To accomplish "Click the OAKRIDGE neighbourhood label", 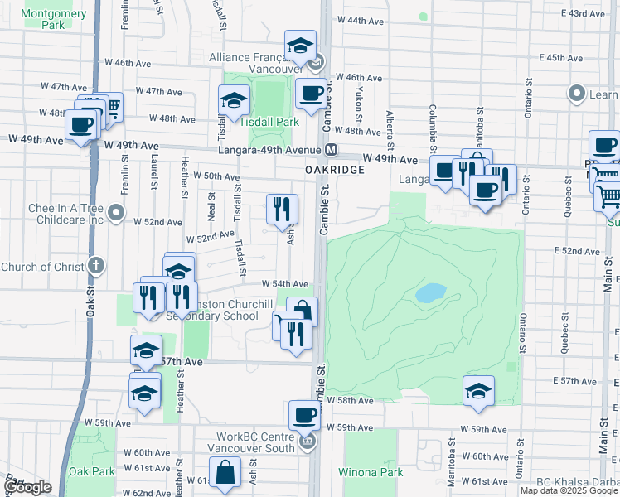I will (335, 169).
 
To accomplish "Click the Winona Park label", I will (370, 473).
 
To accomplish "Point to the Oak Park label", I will (92, 471).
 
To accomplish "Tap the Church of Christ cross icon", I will (96, 267).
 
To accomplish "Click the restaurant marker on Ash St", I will (283, 209).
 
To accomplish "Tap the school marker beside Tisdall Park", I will (235, 101).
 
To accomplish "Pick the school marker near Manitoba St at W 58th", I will (478, 391).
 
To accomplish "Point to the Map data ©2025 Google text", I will (569, 490).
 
